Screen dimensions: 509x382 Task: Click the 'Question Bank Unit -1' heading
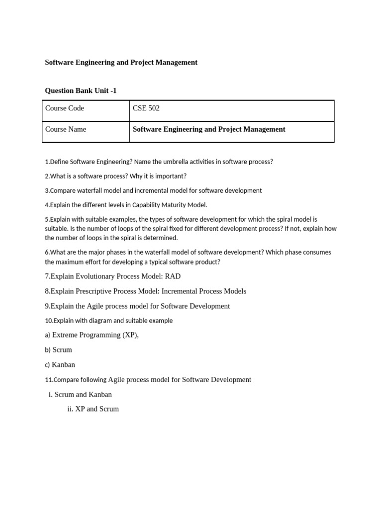pos(81,90)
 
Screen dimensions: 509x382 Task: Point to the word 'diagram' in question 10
pos(98,321)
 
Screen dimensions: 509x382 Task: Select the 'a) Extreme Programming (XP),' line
pos(92,335)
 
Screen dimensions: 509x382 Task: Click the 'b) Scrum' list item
pos(58,350)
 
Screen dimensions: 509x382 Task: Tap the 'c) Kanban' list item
pos(60,365)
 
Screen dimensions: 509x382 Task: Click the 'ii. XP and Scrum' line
pos(93,409)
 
